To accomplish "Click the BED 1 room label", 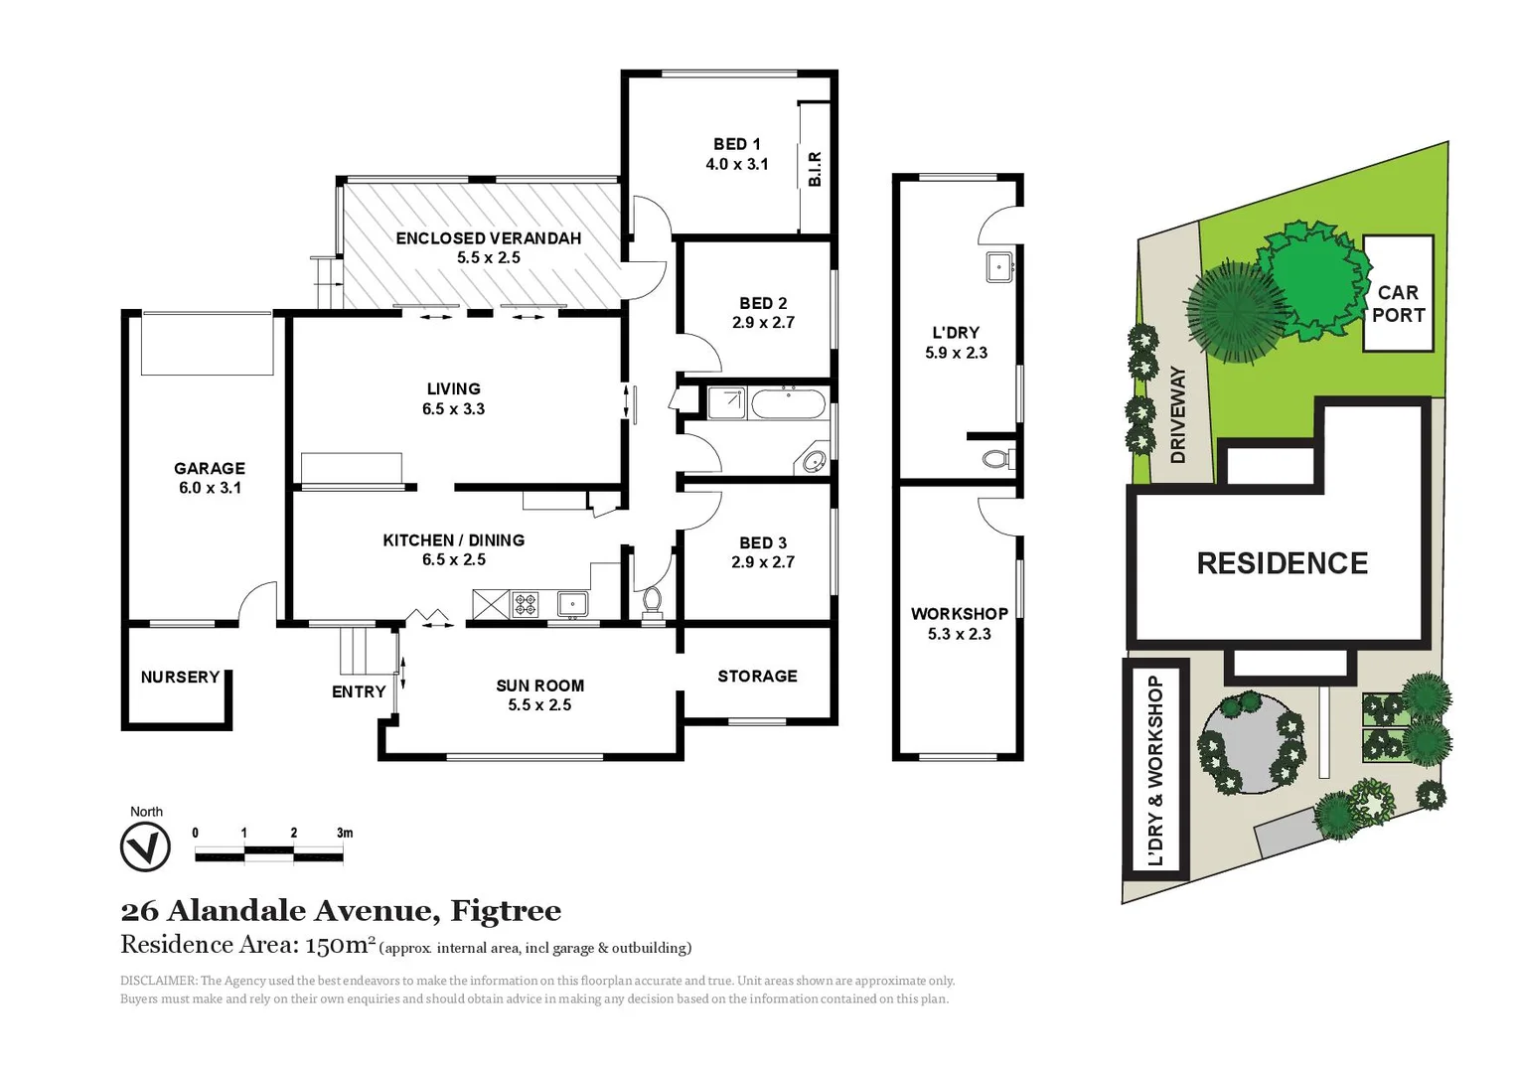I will coord(736,144).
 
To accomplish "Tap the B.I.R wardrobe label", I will coord(815,169).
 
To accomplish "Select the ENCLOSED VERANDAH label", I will coord(488,238).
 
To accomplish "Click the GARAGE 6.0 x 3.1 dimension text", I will coord(210,488).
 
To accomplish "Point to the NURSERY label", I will coord(180,677).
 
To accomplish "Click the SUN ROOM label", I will coord(539,686).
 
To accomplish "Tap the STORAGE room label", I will coord(757,676).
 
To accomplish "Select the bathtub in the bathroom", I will coord(787,404).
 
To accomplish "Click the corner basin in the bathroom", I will coord(814,461).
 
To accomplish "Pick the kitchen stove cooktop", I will coord(525,603).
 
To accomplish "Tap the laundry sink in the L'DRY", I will coord(999,266).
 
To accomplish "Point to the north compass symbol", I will coord(145,848).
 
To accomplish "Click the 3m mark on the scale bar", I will coord(344,833).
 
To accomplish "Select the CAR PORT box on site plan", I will coord(1398,294).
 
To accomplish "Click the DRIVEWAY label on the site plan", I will coord(1178,414).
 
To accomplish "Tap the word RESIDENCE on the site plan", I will coord(1282,563).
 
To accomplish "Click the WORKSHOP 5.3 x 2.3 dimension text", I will coord(959,634).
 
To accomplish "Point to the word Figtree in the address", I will coord(506,910).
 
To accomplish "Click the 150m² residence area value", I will coord(340,945).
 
